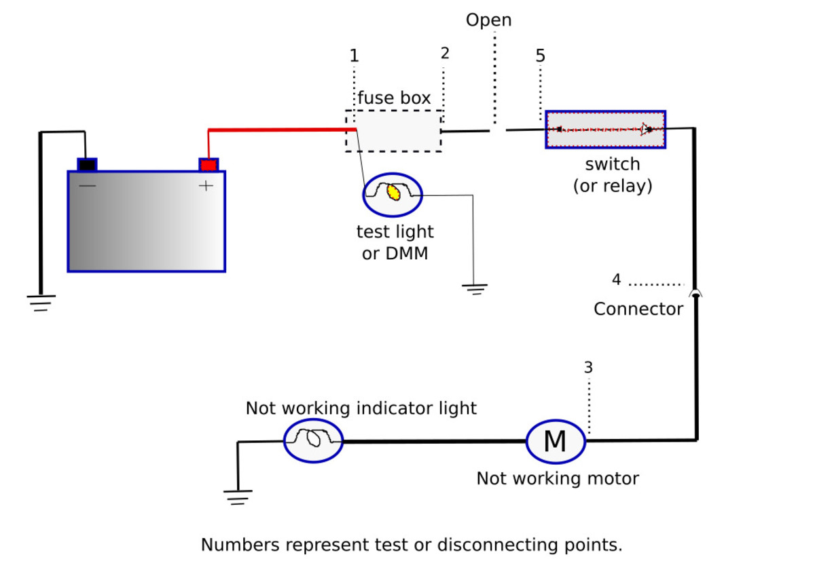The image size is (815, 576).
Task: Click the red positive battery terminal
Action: pos(209,165)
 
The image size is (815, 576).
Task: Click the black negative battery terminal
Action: pos(87,165)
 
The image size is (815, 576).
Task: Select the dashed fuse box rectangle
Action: pos(393,131)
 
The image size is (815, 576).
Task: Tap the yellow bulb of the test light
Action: pos(393,193)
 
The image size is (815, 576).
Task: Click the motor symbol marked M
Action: pos(556,441)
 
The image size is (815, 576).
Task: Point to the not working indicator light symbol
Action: pos(313,440)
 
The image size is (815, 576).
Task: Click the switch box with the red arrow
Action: pos(605,129)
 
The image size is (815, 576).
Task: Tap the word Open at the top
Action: pos(488,20)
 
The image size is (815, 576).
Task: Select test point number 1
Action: pos(354,56)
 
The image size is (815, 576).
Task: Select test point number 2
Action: pos(445,54)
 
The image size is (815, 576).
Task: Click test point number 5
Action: pos(540,56)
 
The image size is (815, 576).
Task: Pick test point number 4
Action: pos(616,280)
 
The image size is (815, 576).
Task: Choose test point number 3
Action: pos(588,368)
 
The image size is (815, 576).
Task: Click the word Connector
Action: pos(638,309)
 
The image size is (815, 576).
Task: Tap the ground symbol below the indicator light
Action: pos(237,497)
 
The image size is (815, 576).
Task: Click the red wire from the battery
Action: pos(278,129)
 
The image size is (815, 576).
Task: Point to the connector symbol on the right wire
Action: pos(695,294)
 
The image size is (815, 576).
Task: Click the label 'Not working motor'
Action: pos(557,478)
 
